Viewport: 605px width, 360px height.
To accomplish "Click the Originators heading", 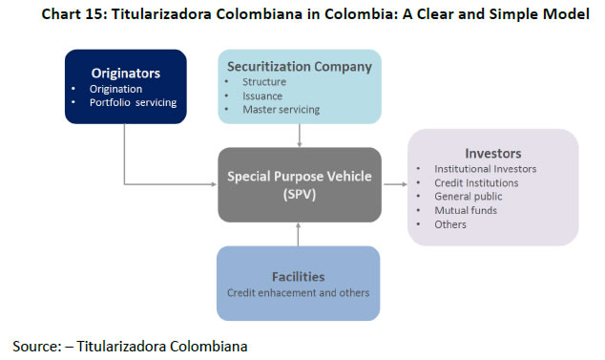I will [x=125, y=73].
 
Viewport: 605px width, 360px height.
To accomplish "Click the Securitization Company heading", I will [x=299, y=66].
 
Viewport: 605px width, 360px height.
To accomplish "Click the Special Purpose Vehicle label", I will [x=299, y=176].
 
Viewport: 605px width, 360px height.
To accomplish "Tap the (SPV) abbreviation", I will [x=299, y=194].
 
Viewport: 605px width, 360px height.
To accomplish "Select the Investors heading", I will [x=492, y=152].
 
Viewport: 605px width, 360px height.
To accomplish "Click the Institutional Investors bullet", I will [x=486, y=169].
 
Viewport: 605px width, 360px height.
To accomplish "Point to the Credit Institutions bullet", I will [x=476, y=182].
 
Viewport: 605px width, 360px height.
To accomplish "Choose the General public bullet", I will [x=468, y=197].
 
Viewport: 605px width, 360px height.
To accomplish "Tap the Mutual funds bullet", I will [x=465, y=210].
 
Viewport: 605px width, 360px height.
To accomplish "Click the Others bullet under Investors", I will [x=450, y=224].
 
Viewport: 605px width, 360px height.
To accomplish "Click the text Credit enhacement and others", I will [x=298, y=292].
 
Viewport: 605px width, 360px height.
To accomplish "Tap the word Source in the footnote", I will [x=34, y=345].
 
